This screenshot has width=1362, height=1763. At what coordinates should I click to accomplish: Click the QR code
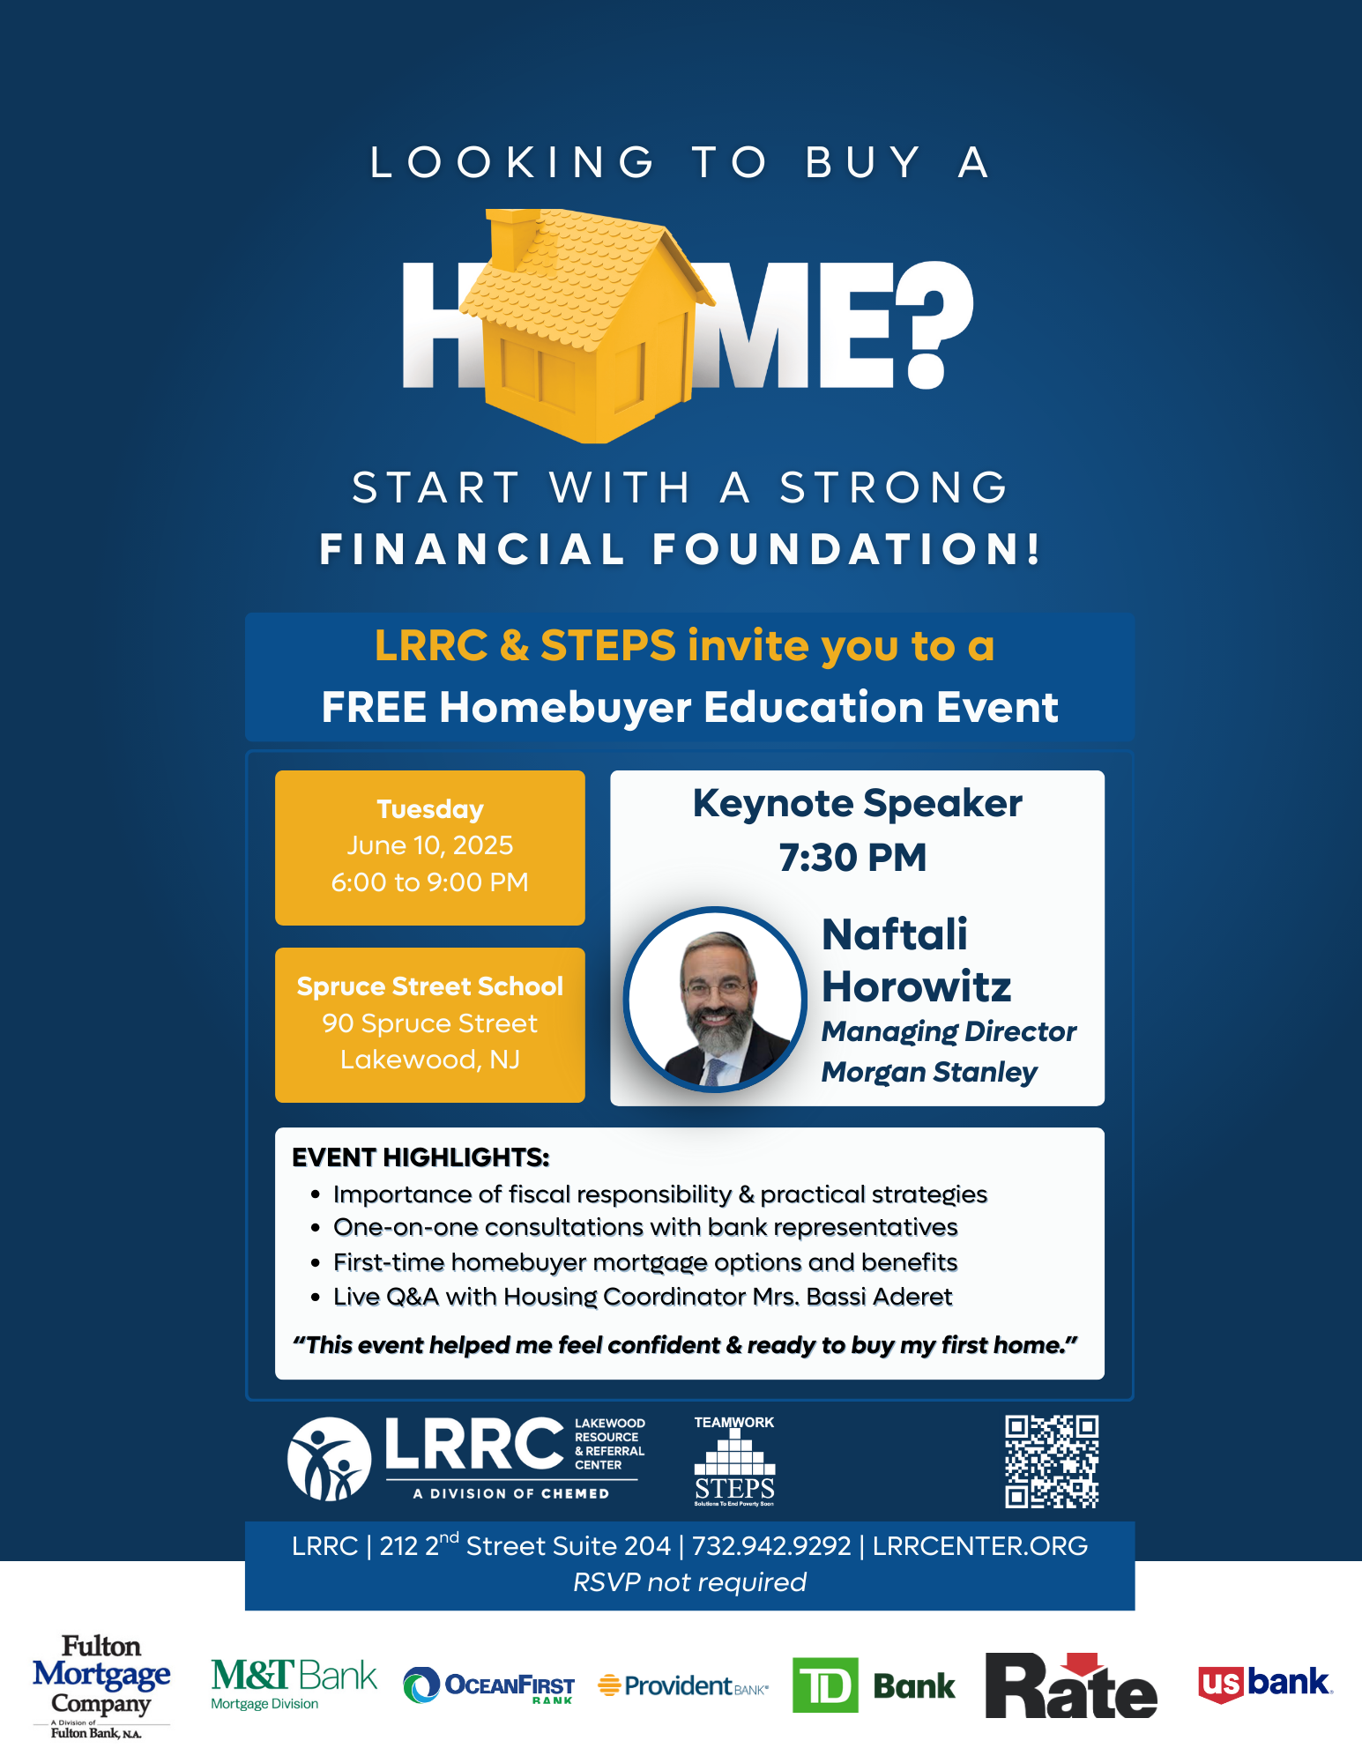(1052, 1462)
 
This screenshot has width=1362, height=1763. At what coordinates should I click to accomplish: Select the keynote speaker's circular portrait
(715, 1000)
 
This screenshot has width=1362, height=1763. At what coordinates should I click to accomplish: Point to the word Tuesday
(430, 809)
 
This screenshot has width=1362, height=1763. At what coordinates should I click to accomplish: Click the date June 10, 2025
(430, 845)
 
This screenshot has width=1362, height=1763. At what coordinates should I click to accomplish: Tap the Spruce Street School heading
(430, 986)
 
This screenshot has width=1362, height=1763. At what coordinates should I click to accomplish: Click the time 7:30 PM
(852, 858)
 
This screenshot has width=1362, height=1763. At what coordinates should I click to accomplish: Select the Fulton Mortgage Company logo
(100, 1686)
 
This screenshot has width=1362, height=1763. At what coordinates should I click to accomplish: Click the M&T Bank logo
(294, 1683)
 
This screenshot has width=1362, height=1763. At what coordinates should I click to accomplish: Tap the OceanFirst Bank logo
(488, 1685)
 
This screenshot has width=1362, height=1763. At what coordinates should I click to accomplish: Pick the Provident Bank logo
(683, 1685)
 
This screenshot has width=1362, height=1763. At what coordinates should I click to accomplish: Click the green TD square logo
(825, 1685)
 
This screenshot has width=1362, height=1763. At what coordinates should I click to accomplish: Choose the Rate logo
(1070, 1685)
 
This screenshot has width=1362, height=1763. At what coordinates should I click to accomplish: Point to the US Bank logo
(1265, 1684)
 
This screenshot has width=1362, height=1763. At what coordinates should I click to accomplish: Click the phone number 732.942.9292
(771, 1546)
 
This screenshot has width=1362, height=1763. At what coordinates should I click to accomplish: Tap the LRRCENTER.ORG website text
(980, 1546)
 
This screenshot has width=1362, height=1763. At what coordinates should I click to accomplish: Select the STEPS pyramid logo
(734, 1462)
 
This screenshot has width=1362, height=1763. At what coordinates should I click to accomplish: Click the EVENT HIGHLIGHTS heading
(421, 1157)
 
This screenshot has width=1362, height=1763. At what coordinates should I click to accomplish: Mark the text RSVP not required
(689, 1582)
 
